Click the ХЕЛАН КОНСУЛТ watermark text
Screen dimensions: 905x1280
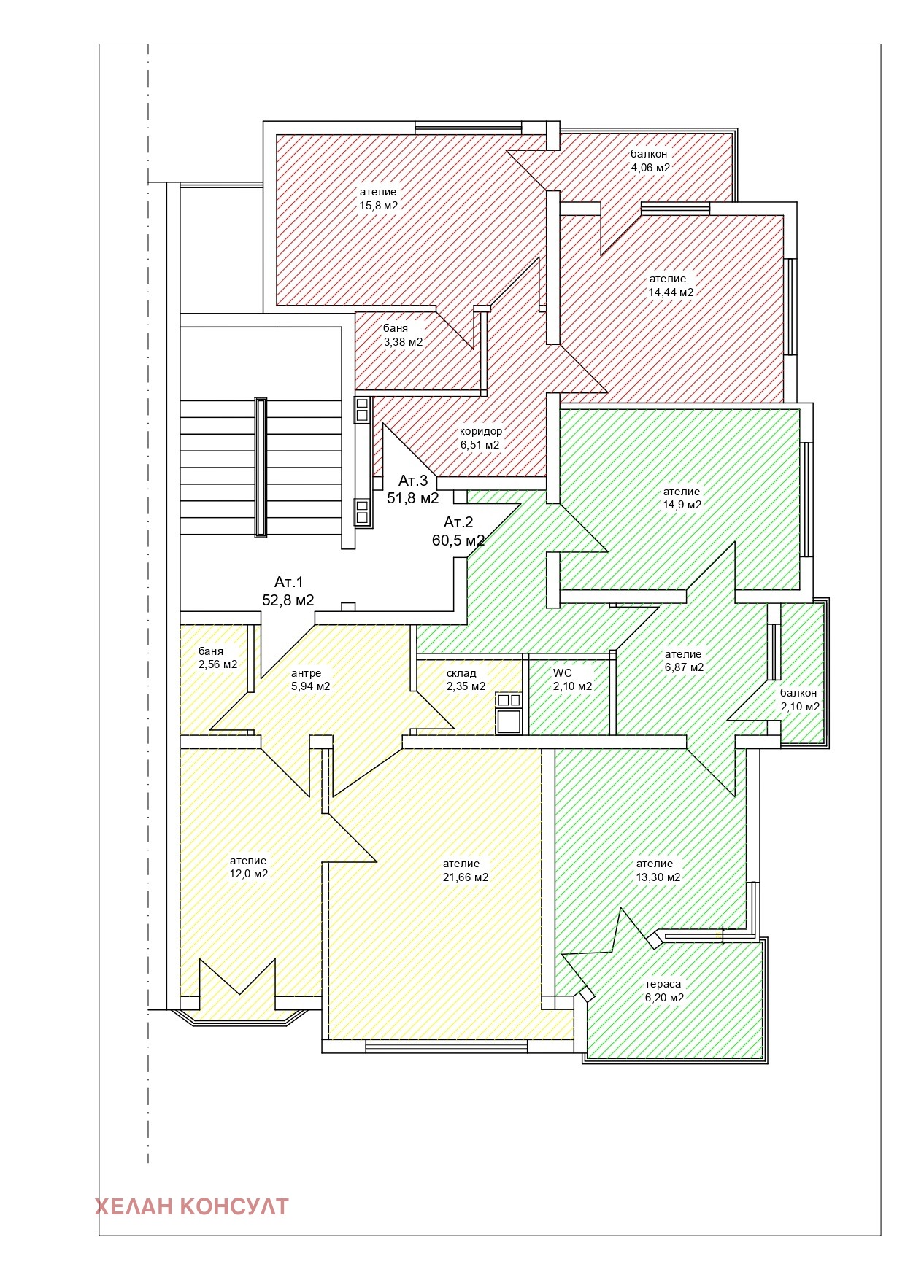192,1206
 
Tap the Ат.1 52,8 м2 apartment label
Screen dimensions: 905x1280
288,591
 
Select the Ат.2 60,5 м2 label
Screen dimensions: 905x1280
458,531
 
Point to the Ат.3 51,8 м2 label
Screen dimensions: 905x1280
413,489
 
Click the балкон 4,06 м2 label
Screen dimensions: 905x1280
650,160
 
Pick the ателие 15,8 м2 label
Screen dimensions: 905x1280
378,198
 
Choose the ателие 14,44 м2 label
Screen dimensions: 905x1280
671,285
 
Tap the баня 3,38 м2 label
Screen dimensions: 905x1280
403,335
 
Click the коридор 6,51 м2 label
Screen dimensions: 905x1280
480,438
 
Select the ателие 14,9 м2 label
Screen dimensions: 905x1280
682,498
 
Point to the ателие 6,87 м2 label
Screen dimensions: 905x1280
684,661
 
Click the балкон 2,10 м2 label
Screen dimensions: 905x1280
800,699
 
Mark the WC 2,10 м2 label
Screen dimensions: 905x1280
572,679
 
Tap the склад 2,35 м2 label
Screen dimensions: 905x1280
466,680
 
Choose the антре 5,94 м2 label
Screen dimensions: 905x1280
310,680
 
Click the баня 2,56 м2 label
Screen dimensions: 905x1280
217,658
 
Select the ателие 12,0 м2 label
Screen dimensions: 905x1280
248,867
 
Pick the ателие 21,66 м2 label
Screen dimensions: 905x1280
466,870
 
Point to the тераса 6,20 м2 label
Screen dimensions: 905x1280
664,990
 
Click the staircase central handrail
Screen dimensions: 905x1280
261,467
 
